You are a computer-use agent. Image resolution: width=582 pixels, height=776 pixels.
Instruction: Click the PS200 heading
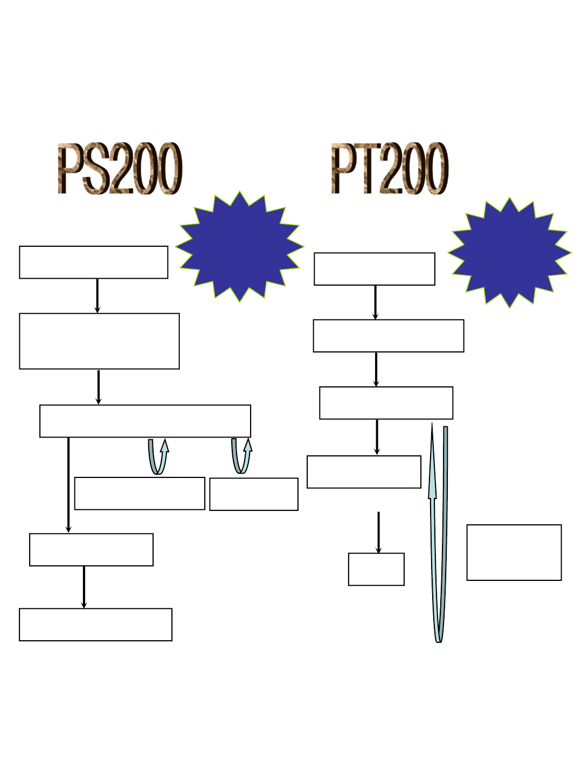120,169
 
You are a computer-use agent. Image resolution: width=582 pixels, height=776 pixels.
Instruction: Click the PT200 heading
390,169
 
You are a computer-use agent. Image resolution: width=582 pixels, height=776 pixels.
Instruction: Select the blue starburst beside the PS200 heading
240,247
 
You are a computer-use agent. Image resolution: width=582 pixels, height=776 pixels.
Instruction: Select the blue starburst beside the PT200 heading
509,253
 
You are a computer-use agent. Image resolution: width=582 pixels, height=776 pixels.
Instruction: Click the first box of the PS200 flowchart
93,262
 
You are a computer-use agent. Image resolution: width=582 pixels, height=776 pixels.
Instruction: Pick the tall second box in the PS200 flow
99,341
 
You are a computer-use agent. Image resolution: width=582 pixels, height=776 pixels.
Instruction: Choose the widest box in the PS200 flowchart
145,421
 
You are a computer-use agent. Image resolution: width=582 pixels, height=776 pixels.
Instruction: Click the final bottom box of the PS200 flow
95,625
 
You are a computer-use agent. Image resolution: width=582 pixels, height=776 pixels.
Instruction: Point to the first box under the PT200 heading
375,269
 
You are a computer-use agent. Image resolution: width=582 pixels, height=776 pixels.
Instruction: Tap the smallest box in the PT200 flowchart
376,569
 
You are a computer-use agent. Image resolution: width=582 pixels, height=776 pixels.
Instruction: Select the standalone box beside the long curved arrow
514,552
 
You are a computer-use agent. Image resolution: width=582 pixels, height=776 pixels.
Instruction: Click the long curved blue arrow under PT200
439,539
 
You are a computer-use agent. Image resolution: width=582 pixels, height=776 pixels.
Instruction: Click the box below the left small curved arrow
140,493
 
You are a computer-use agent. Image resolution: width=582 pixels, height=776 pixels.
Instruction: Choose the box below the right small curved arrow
254,494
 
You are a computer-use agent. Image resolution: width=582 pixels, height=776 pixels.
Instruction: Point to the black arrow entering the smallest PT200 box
378,532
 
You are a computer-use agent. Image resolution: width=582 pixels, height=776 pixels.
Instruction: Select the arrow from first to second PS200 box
98,295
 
